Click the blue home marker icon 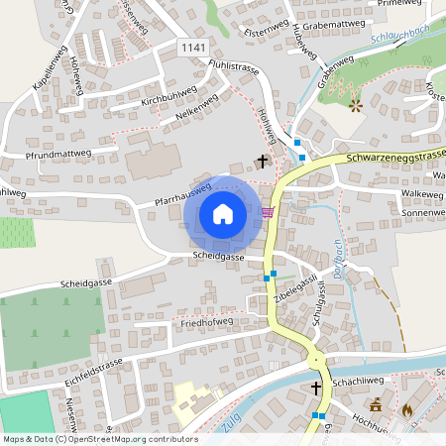223,213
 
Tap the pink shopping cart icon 267,211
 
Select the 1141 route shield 194,47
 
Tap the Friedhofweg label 205,322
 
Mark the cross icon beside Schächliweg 317,388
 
